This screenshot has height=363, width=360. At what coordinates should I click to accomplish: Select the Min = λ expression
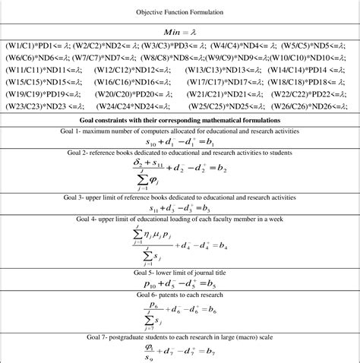click(180, 34)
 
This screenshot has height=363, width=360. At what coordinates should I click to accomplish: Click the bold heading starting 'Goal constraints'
click(180, 120)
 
